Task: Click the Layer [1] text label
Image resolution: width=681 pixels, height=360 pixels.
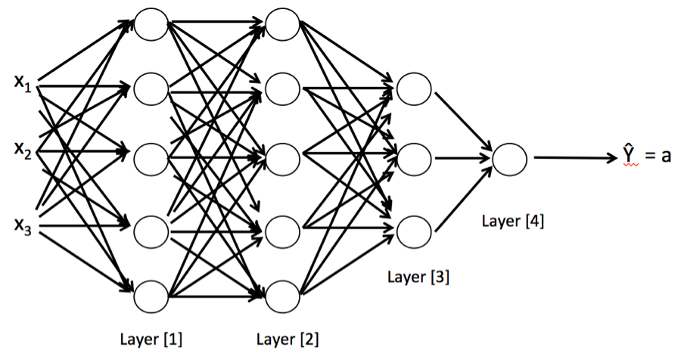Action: [x=151, y=337]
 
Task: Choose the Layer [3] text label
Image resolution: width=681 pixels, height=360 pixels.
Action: [x=418, y=276]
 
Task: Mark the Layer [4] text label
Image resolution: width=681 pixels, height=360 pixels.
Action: [x=512, y=222]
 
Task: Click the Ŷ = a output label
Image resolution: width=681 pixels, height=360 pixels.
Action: [x=648, y=157]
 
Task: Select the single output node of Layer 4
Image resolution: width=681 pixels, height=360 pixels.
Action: [x=509, y=158]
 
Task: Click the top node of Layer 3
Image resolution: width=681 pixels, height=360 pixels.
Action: [x=413, y=90]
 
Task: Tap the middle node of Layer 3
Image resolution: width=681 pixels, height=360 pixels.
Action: [x=413, y=158]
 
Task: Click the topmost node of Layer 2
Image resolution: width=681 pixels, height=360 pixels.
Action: [x=282, y=22]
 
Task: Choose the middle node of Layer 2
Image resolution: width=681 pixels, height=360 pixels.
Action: [x=282, y=158]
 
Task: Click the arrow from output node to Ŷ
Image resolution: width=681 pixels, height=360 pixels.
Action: [x=575, y=158]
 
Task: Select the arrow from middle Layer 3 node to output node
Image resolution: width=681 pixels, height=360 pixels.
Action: [x=462, y=158]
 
